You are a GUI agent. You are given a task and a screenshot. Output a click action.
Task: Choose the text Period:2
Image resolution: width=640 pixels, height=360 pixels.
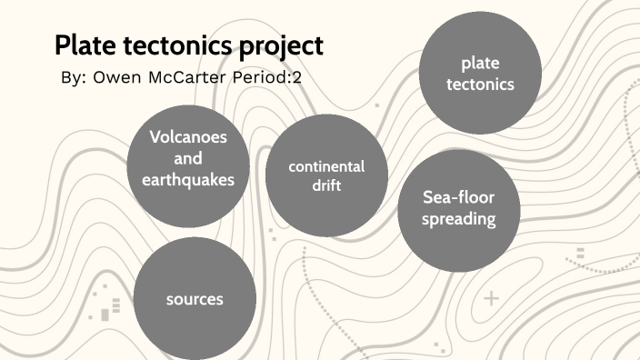271,78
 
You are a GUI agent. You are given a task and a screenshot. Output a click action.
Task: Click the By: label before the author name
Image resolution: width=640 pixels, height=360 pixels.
72,78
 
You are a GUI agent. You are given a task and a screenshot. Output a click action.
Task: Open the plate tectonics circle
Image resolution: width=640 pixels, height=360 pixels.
481,74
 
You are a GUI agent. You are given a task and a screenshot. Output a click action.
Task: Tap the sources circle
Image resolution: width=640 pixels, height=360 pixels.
194,299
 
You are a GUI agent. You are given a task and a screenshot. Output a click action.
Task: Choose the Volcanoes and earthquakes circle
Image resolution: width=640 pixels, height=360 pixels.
187,158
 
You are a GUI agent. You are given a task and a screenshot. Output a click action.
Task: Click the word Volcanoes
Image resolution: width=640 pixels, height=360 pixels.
188,137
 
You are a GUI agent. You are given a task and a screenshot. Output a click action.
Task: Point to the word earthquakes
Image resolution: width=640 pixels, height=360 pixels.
188,180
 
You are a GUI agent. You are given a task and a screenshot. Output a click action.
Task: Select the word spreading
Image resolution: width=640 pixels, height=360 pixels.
459,219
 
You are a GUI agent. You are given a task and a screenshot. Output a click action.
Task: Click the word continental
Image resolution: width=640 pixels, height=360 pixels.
326,166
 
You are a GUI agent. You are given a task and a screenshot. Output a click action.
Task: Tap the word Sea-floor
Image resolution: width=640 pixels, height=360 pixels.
459,197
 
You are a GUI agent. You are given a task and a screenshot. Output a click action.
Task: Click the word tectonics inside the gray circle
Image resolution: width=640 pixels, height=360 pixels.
481,85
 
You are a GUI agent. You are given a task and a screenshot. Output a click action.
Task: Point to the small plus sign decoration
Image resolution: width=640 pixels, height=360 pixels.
492,298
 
